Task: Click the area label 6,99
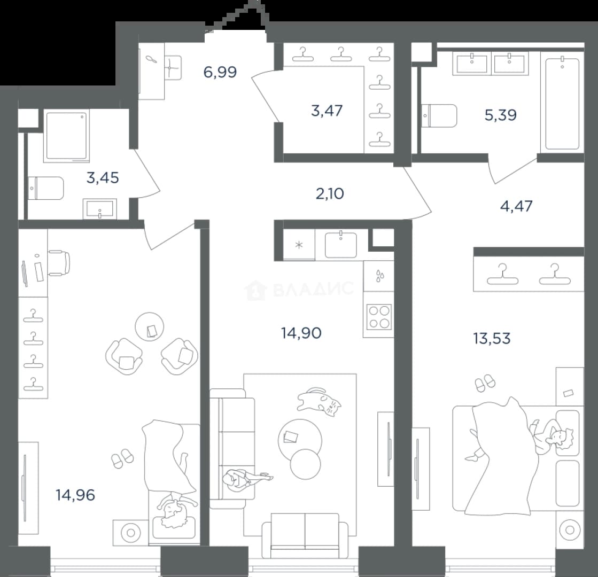[x=220, y=72]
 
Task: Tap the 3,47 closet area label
[x=327, y=111]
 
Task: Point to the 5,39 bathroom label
[x=500, y=114]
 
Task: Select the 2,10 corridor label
[x=330, y=194]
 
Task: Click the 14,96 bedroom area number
[x=75, y=495]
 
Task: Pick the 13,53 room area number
[x=492, y=338]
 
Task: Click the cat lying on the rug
[x=319, y=402]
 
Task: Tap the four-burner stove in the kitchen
[x=379, y=316]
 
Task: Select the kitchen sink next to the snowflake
[x=340, y=245]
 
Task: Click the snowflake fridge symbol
[x=299, y=245]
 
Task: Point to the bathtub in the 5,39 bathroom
[x=563, y=103]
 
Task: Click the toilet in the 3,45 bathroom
[x=45, y=188]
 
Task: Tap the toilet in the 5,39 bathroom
[x=439, y=115]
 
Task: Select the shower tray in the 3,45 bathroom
[x=66, y=136]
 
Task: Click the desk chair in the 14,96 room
[x=59, y=263]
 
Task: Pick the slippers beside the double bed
[x=485, y=383]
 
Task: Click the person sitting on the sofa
[x=244, y=479]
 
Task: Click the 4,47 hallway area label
[x=516, y=206]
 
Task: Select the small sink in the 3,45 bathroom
[x=100, y=209]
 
